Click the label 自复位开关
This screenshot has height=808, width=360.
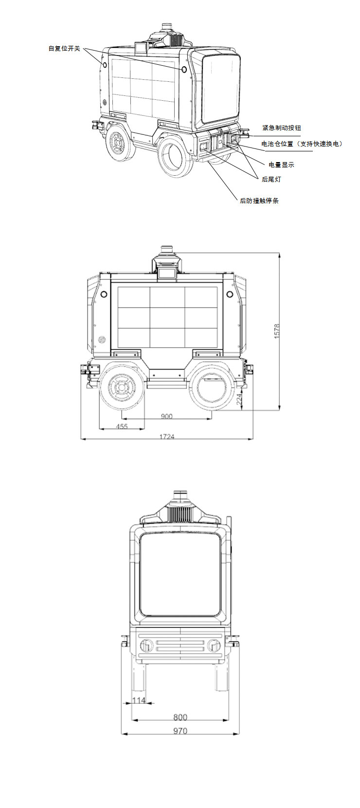(x=64, y=48)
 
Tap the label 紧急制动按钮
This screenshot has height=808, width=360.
(x=282, y=128)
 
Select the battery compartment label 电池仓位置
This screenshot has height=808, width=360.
(x=277, y=144)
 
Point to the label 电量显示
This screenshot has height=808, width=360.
(x=282, y=165)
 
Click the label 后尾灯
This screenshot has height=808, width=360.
(x=271, y=179)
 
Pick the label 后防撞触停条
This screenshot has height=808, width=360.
(x=259, y=201)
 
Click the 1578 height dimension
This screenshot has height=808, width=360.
(x=277, y=331)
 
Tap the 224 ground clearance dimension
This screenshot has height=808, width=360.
(x=239, y=399)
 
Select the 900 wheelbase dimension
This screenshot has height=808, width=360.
(x=166, y=416)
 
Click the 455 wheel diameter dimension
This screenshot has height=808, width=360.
(x=122, y=426)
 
